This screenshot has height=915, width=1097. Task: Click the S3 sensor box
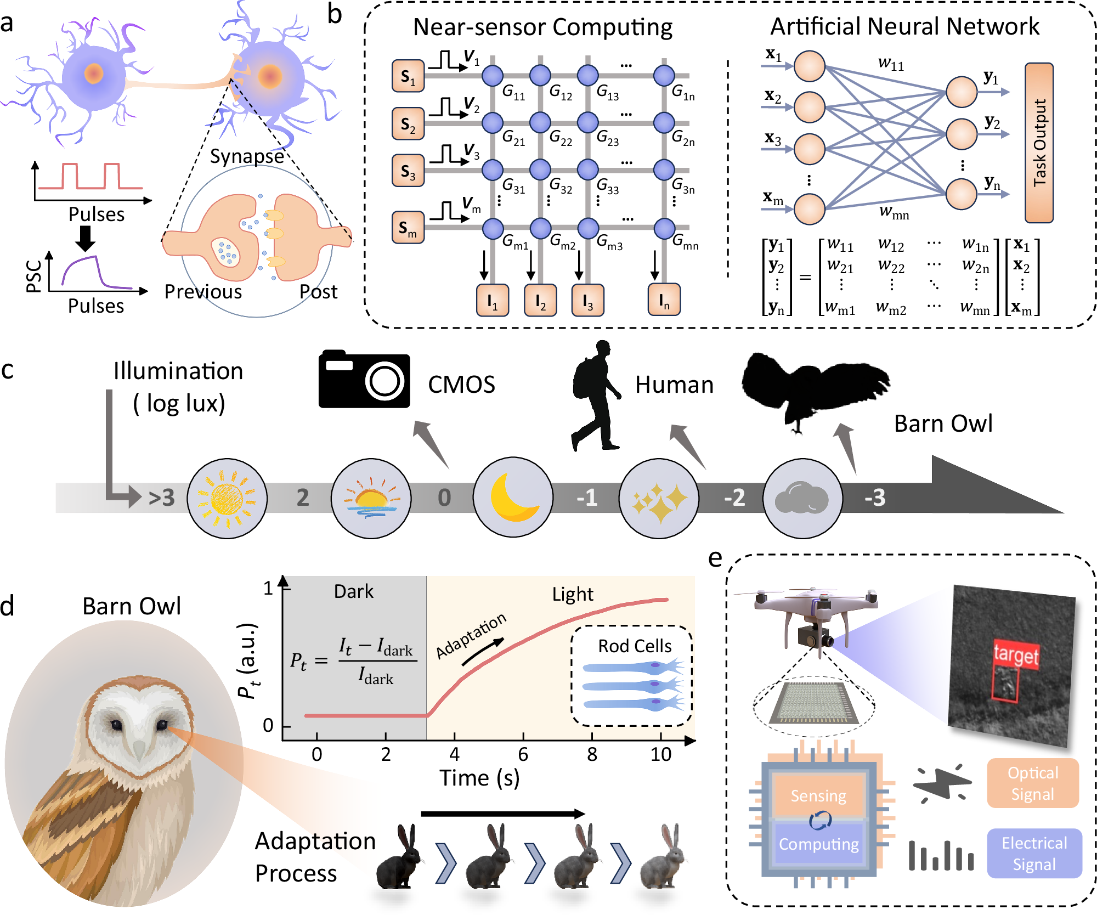[x=408, y=171]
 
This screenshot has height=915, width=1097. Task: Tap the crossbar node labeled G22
[x=540, y=122]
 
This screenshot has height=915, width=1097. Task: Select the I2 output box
[x=540, y=301]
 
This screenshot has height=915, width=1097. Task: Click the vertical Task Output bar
[x=1039, y=143]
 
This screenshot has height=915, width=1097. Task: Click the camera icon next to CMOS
[x=364, y=379]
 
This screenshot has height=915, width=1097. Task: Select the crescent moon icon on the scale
[x=513, y=498]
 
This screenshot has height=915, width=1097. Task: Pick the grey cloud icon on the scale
[x=802, y=498]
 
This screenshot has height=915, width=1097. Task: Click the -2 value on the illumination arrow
[x=734, y=498]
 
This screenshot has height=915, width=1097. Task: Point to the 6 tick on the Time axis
[x=523, y=754]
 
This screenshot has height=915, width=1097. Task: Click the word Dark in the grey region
[x=354, y=591]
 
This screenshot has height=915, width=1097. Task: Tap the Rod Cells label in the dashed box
[x=635, y=646]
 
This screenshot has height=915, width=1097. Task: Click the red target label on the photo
[x=1015, y=654]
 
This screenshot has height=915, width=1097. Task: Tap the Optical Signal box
[x=1032, y=783]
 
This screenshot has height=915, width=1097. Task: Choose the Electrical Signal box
[x=1034, y=854]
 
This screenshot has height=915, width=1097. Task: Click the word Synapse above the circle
[x=247, y=156]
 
